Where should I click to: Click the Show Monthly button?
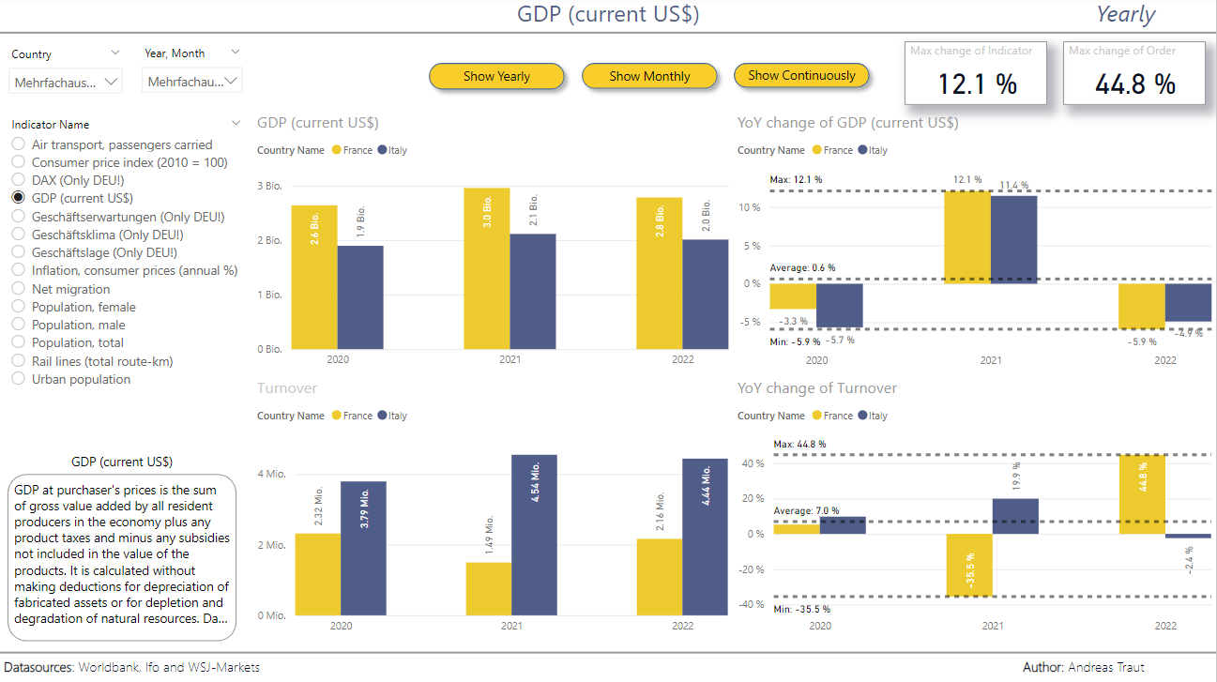coord(649,76)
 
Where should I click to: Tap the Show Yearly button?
coord(496,76)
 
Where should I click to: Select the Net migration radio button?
coord(18,289)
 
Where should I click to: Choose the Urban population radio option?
coord(18,379)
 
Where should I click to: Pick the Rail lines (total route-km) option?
coord(18,361)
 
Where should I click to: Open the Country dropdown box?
coord(66,83)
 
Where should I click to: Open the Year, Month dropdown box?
coord(192,82)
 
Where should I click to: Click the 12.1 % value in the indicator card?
coord(977,84)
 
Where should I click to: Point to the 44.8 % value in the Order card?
coord(1135,84)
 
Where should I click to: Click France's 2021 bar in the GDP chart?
coord(487,268)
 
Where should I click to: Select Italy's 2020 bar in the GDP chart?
coord(360,297)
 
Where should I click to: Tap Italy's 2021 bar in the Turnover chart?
coord(534,535)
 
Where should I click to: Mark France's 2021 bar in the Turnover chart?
coord(488,589)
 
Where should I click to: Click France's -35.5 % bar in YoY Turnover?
coord(968,565)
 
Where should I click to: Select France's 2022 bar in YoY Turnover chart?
coord(1142,494)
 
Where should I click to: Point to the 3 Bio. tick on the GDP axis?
coord(270,186)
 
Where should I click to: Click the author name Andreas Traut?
coord(1105,667)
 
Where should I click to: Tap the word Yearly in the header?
coord(1125,15)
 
